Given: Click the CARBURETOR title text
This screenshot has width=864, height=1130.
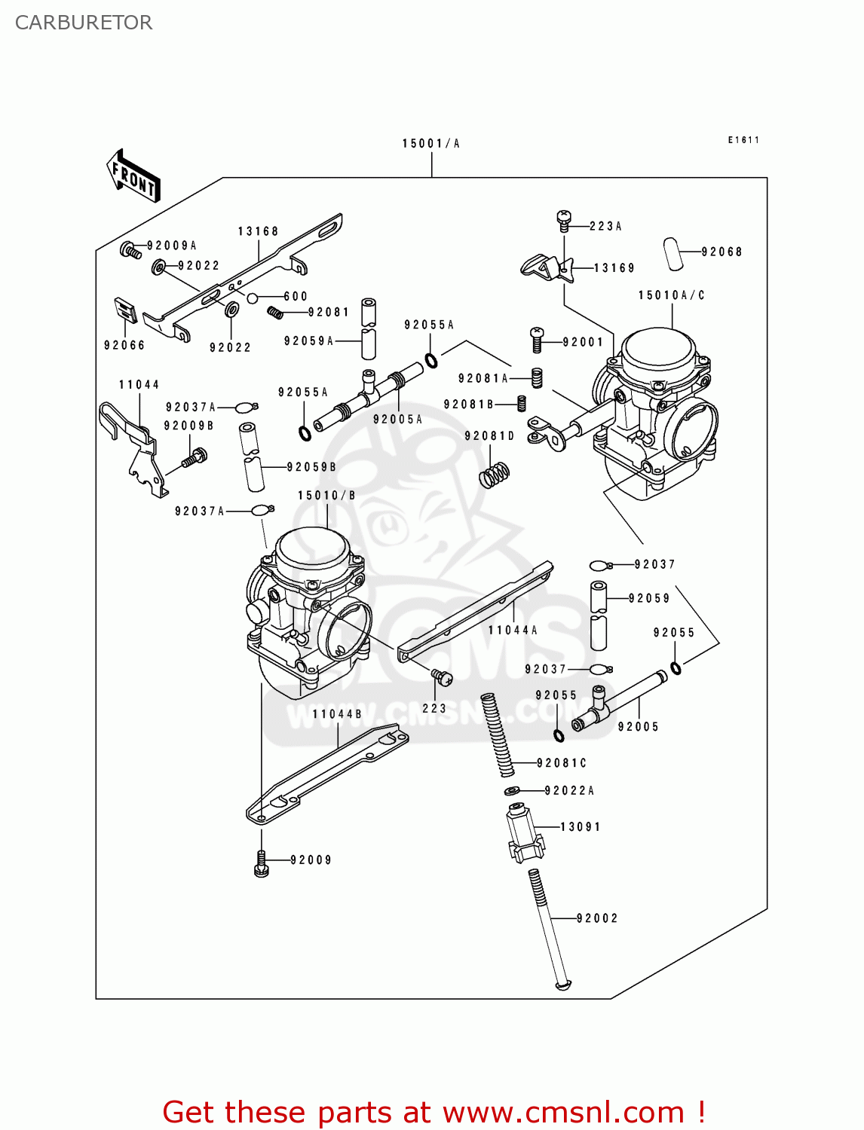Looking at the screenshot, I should [x=84, y=23].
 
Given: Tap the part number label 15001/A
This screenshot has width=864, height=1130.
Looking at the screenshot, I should [x=430, y=143].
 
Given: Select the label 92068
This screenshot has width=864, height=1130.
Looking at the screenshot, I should [x=722, y=252].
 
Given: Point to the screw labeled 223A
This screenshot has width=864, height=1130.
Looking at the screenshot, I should [x=563, y=220].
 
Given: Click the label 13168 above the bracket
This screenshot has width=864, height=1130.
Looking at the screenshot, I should [x=258, y=231].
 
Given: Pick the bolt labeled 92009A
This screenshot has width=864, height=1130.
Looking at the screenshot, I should [x=130, y=249].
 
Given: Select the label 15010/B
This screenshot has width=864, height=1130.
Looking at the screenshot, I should [x=326, y=495].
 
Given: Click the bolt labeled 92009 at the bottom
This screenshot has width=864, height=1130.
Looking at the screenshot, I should [x=262, y=863].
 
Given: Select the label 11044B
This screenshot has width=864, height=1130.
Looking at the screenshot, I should [x=337, y=713].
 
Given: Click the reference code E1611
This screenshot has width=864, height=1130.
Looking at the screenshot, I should [x=743, y=140].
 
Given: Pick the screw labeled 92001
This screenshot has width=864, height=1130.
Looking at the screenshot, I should [x=538, y=340].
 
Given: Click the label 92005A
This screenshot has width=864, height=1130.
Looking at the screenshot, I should [x=397, y=419].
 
